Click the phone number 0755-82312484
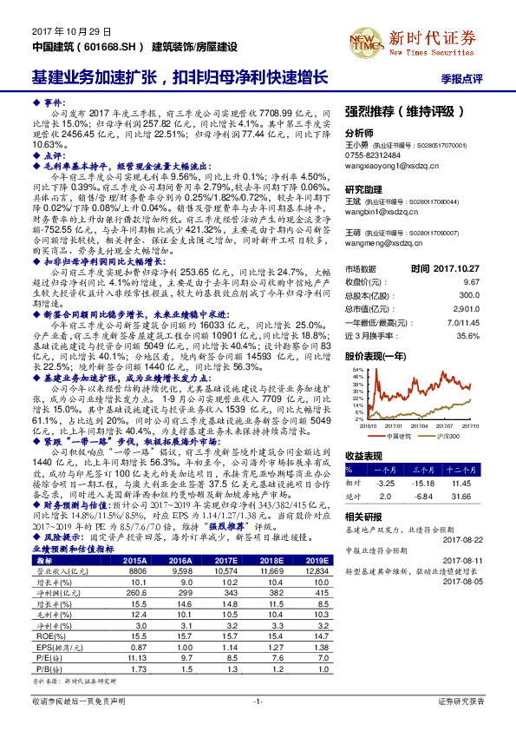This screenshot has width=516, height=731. (x=372, y=152)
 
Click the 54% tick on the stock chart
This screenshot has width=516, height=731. (x=356, y=368)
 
